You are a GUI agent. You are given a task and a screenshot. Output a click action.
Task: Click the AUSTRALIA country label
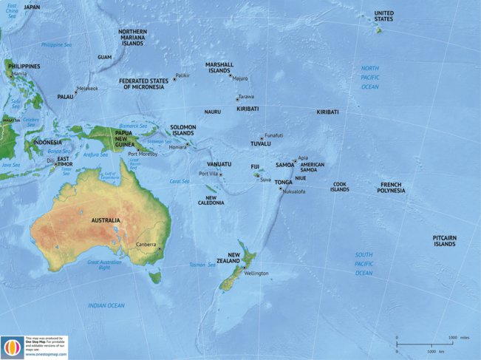pyautogui.click(x=106, y=220)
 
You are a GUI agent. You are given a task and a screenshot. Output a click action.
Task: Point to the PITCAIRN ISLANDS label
pyautogui.click(x=445, y=240)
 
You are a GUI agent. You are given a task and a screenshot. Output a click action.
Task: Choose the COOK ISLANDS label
pyautogui.click(x=339, y=187)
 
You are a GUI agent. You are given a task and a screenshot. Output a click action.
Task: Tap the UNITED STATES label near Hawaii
pyautogui.click(x=383, y=16)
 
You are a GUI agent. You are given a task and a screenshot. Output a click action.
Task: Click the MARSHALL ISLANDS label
pyautogui.click(x=219, y=67)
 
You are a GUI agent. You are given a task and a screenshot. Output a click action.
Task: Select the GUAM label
pyautogui.click(x=104, y=57)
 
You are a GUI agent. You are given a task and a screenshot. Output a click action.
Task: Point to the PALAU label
pyautogui.click(x=65, y=96)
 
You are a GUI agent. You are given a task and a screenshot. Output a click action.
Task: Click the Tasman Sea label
pyautogui.click(x=201, y=264)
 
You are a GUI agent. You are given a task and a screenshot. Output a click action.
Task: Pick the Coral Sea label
pyautogui.click(x=180, y=180)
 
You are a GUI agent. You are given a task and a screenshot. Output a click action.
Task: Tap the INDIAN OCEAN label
pyautogui.click(x=106, y=305)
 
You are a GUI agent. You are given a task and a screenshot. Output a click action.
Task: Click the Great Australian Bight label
pyautogui.click(x=104, y=265)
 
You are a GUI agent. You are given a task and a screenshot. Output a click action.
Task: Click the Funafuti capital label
pyautogui.click(x=273, y=135)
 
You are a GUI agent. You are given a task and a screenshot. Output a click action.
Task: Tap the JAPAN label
pyautogui.click(x=33, y=7)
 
